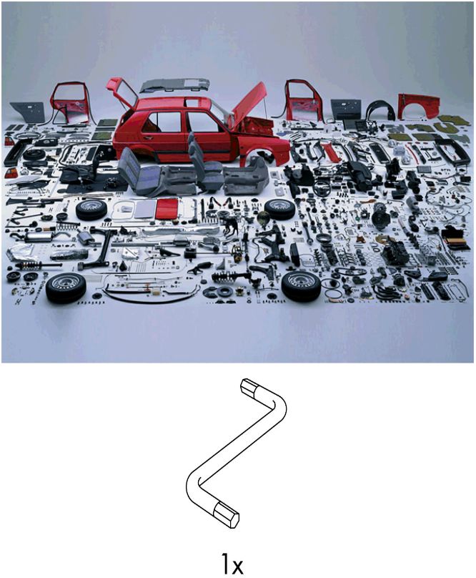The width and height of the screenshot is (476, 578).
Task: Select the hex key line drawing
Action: (236, 452)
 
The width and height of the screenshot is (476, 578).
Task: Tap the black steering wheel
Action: (322, 188)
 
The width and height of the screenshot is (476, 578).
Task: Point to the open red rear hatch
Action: (122, 93)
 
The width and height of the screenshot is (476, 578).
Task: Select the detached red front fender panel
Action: (419, 106)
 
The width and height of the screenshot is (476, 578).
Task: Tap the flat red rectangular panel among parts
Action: (167, 208)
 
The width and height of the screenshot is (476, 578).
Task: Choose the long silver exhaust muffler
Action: (38, 236)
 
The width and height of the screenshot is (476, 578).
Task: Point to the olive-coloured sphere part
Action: (263, 218)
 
